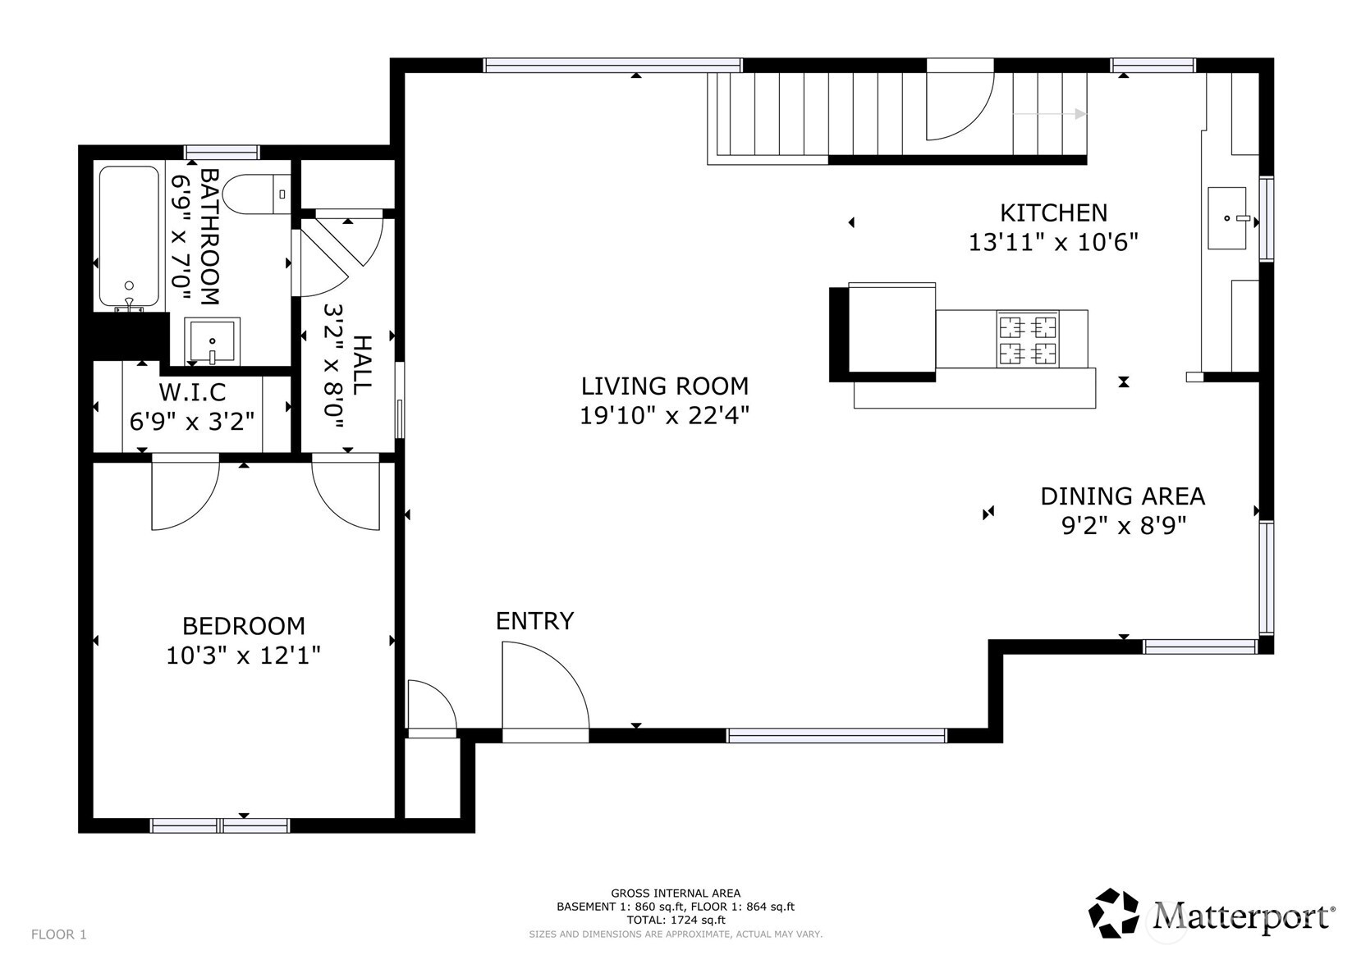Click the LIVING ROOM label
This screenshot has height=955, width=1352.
click(x=665, y=386)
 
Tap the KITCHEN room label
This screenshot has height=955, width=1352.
click(x=1054, y=213)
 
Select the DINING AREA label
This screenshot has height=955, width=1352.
click(x=1123, y=496)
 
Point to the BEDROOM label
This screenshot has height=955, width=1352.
click(x=244, y=626)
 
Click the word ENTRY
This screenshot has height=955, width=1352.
click(x=534, y=621)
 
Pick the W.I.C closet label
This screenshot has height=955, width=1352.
click(x=193, y=392)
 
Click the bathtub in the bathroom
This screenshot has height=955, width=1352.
click(x=129, y=238)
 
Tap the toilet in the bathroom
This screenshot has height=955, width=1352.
click(x=256, y=194)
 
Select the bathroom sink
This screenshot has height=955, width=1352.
click(x=212, y=340)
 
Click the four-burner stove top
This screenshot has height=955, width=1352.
click(x=1027, y=339)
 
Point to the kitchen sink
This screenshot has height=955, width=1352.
click(x=1227, y=217)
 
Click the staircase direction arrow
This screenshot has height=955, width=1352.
click(x=1050, y=113)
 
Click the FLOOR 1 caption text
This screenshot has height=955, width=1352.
click(x=58, y=934)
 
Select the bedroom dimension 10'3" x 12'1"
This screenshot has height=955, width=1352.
click(x=243, y=656)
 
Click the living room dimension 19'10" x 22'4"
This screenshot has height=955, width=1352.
click(x=665, y=416)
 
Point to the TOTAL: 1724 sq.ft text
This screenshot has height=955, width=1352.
click(x=676, y=920)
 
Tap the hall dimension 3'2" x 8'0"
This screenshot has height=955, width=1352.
click(x=334, y=366)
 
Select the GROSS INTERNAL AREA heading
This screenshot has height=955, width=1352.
click(x=676, y=893)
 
